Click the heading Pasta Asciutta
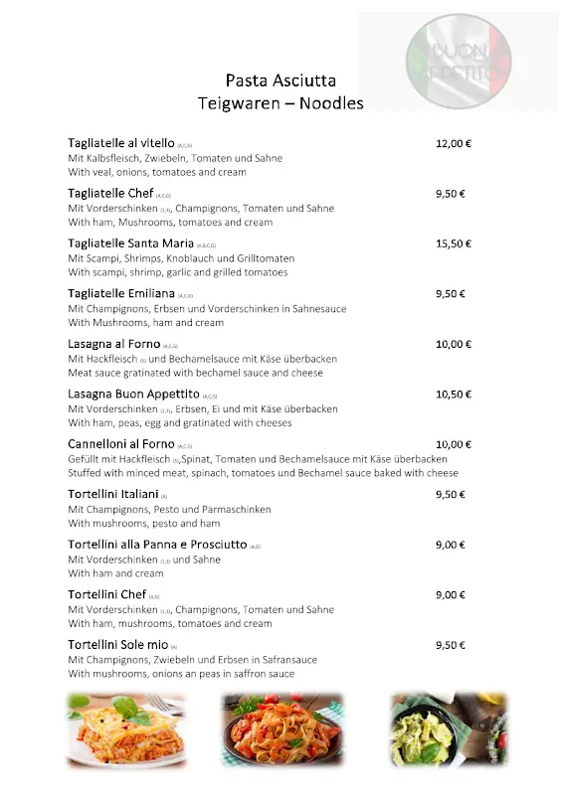click(x=281, y=80)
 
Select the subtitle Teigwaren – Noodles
click(x=281, y=103)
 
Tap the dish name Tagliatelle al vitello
click(x=120, y=143)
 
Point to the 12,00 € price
click(x=453, y=143)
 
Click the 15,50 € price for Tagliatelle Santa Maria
click(x=453, y=243)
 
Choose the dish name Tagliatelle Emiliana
click(x=120, y=294)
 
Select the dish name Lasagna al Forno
click(x=113, y=344)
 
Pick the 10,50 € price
click(x=453, y=395)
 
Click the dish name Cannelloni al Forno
click(x=121, y=444)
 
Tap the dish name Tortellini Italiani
click(x=112, y=495)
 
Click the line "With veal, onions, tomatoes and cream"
click(x=157, y=172)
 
